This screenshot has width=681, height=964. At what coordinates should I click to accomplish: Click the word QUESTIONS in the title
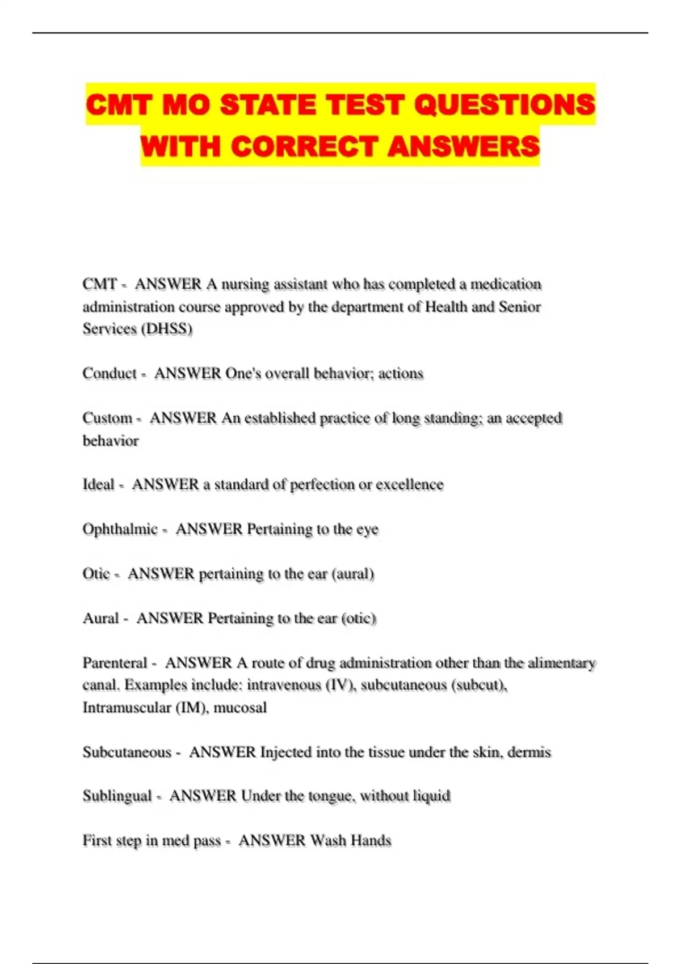pos(505,105)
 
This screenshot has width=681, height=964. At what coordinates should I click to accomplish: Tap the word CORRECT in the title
pos(305,146)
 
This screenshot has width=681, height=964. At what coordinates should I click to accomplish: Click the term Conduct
pos(110,373)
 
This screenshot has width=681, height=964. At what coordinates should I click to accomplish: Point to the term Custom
pos(107,418)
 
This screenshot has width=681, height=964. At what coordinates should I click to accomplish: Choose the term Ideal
pos(98,484)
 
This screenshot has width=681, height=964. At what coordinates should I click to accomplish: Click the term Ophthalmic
pos(120,529)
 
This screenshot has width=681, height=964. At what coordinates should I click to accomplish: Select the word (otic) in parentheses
pos(359,618)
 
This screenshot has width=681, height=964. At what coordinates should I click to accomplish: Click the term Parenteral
pos(115,663)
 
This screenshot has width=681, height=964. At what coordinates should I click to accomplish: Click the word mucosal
pos(240,708)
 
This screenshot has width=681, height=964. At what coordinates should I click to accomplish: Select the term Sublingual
pos(117,796)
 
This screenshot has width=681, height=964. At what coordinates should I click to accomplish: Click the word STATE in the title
pos(268,105)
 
